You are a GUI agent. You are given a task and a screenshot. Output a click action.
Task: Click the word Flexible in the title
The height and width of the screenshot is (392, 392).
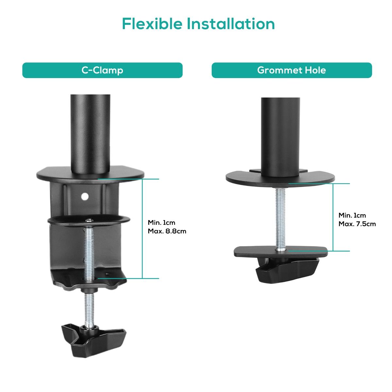[152, 24]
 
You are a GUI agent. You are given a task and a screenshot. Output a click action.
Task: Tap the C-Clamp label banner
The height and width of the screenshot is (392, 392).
[102, 70]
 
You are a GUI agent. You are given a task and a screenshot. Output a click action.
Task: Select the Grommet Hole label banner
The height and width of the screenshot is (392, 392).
[292, 70]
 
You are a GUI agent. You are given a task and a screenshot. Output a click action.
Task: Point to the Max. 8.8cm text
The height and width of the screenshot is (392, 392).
[167, 231]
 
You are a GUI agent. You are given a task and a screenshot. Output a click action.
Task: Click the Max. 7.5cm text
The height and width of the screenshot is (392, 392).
[357, 224]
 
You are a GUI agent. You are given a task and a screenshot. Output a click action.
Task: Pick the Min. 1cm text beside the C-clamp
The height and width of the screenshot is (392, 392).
[161, 222]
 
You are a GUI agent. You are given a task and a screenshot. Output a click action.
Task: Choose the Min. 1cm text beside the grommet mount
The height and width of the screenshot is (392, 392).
[352, 215]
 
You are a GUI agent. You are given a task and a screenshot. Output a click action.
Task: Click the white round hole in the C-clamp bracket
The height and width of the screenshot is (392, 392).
[85, 196]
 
